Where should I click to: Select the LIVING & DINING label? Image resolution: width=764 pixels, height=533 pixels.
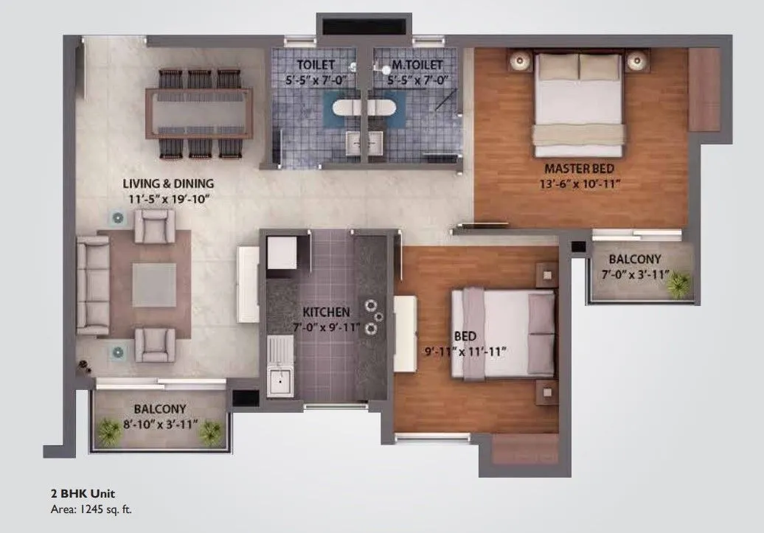click(x=169, y=183)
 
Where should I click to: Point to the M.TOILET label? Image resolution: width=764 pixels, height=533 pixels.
click(x=411, y=64)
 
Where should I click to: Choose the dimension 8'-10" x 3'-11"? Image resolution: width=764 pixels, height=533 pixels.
click(x=159, y=422)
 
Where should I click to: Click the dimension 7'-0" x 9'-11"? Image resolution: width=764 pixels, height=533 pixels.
click(x=325, y=327)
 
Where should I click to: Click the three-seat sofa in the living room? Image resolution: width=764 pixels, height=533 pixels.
click(x=93, y=285)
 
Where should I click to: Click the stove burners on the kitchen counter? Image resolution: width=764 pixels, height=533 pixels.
click(x=373, y=313)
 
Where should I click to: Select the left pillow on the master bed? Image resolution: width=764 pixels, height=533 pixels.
click(x=558, y=67)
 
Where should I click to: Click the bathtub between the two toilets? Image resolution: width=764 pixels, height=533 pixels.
click(x=364, y=109)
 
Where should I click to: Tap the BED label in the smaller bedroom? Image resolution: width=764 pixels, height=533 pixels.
click(x=465, y=336)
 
